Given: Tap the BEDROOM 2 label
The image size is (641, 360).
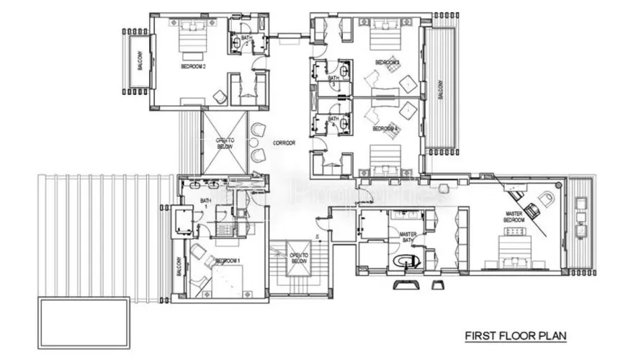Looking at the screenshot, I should (194, 67).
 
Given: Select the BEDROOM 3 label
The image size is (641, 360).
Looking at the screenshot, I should (387, 63).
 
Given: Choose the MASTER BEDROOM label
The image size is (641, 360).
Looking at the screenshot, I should (513, 216).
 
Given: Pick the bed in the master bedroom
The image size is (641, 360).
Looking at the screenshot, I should (516, 252).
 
